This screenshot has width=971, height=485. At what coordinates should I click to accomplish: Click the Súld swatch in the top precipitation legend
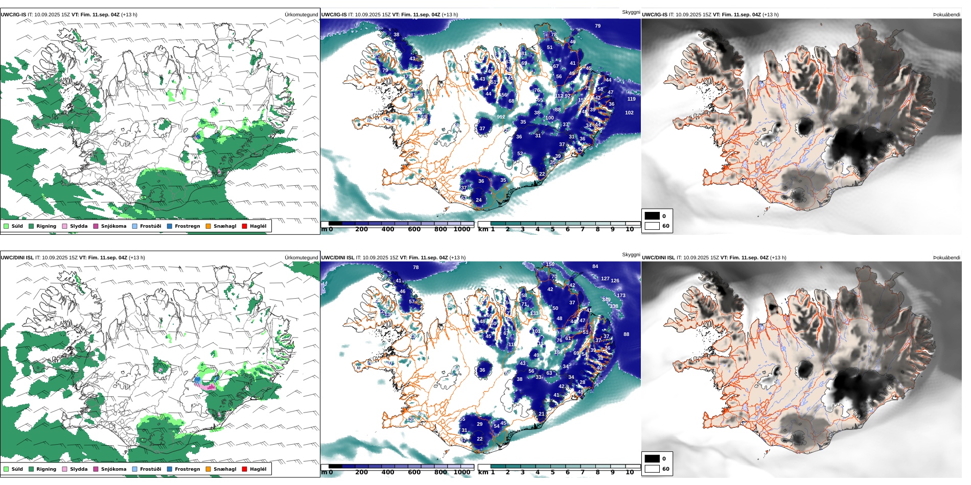[6, 226]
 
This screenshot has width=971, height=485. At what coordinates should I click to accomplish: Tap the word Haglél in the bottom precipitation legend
[258, 469]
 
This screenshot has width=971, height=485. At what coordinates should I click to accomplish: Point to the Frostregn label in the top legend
[187, 226]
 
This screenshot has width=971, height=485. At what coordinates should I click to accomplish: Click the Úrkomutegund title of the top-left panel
[301, 15]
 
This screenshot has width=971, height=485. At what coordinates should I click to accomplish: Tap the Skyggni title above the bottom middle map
[631, 254]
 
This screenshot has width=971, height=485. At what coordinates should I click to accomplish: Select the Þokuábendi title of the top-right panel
[946, 15]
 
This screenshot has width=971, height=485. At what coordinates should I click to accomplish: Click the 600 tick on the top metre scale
[414, 229]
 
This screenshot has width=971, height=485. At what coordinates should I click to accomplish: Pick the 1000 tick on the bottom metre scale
[461, 472]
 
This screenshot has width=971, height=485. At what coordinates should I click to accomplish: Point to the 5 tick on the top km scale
[552, 229]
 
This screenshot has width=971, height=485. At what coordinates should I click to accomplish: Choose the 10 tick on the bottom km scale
[630, 472]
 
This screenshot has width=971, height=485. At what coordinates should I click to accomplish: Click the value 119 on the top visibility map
[631, 99]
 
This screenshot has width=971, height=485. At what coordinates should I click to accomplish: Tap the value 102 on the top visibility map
[629, 113]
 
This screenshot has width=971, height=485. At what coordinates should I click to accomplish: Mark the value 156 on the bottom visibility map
[550, 264]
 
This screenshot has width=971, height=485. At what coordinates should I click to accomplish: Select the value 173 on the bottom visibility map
[621, 296]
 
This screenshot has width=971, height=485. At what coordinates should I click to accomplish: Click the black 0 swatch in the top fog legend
[652, 216]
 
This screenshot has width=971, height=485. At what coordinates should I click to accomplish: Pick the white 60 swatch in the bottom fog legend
[652, 469]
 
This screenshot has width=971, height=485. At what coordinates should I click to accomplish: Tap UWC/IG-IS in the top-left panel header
[13, 15]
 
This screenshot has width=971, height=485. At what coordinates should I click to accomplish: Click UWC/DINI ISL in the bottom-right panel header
[658, 258]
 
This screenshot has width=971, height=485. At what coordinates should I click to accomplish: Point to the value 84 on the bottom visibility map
[595, 266]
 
